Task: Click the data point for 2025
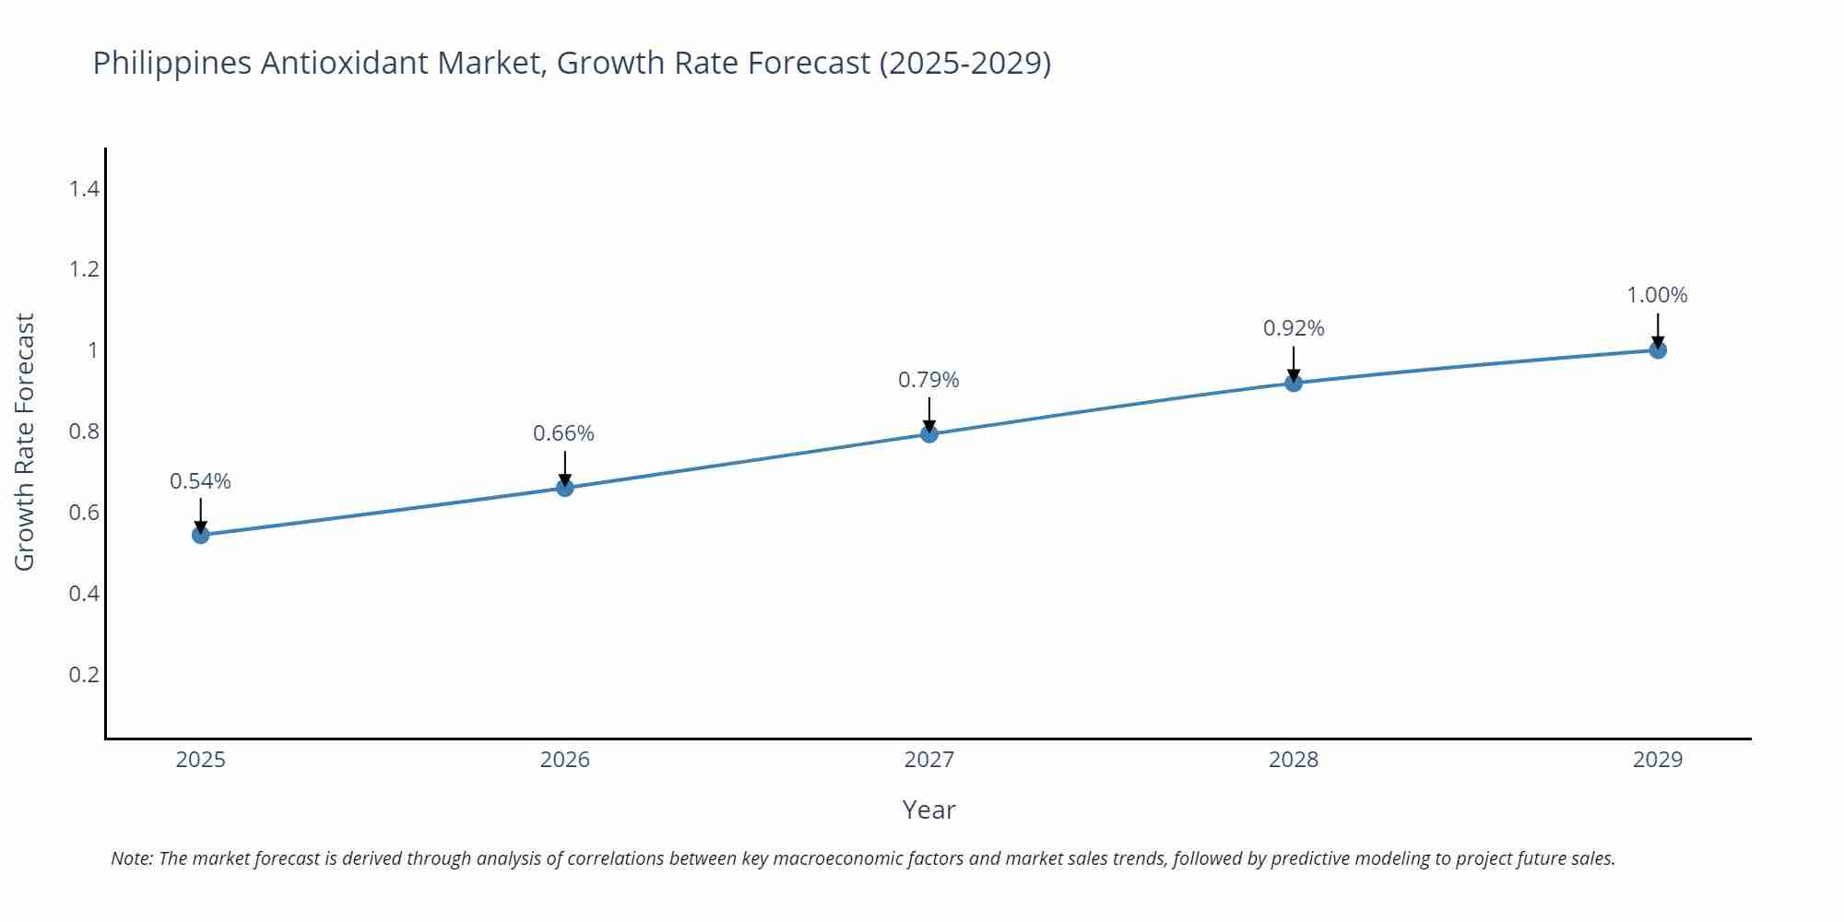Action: point(201,535)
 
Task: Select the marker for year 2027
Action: point(929,434)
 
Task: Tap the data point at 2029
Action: point(1658,350)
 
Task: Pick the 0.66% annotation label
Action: point(563,433)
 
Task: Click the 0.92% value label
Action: point(1294,328)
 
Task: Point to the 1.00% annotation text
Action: point(1657,295)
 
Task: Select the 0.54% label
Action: point(200,481)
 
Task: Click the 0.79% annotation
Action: point(928,380)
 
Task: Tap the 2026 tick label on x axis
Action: point(564,760)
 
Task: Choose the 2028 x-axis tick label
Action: point(1294,760)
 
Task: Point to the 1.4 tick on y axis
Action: point(84,189)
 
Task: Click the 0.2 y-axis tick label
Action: point(84,674)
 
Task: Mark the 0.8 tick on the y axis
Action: point(84,431)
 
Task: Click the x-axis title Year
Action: point(928,810)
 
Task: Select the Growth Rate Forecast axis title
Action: point(25,443)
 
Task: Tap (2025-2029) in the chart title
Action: point(964,64)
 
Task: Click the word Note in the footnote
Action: point(131,858)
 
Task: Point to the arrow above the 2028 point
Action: point(1294,363)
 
